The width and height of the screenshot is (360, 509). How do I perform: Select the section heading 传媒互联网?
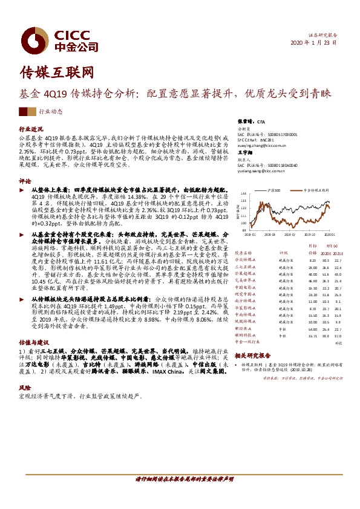point(58,72)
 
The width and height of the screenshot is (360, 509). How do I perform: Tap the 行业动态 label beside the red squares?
point(51,111)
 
